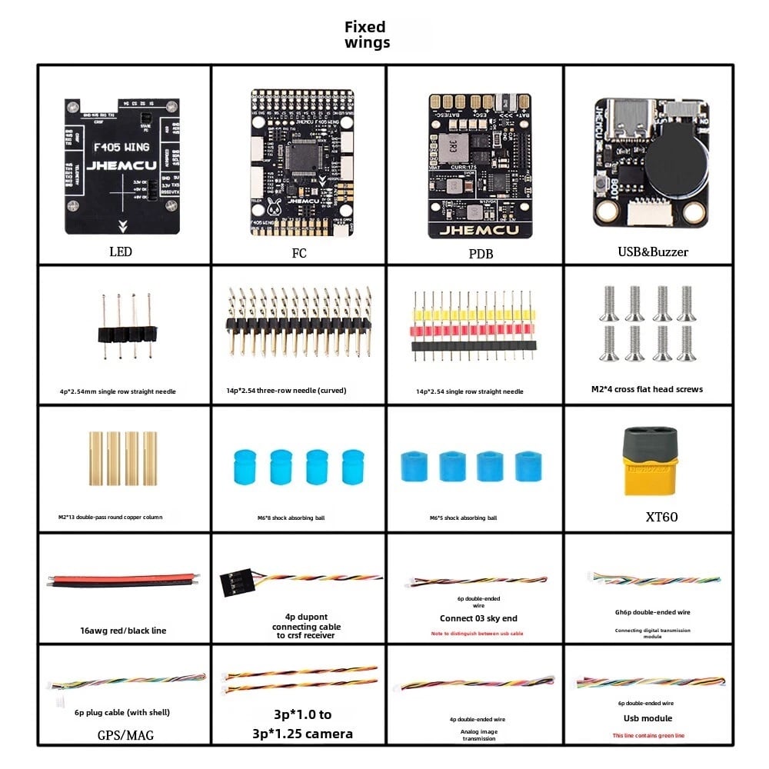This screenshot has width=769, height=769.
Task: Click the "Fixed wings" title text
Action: [x=367, y=35]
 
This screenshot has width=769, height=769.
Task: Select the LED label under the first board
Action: [x=121, y=251]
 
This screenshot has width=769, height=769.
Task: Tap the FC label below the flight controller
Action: [x=299, y=252]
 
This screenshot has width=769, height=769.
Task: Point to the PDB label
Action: [x=480, y=253]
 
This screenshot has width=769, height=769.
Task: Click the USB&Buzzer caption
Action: [x=652, y=251]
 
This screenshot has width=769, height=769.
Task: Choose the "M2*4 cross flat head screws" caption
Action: [x=652, y=389]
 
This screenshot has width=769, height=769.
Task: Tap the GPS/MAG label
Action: [x=125, y=735]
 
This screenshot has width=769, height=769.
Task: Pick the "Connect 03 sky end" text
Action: [x=478, y=618]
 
